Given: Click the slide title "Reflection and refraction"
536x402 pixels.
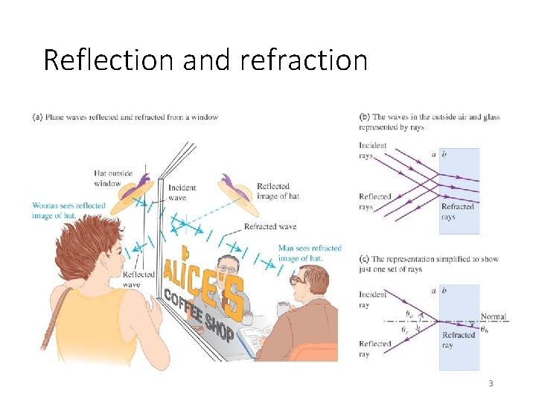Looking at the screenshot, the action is [205, 60].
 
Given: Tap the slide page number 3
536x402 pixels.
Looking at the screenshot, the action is [491, 383].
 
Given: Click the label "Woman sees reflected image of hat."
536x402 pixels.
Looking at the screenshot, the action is [68, 210].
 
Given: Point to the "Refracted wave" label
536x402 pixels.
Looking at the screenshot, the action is [270, 226].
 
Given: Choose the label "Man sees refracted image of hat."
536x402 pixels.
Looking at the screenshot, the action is [310, 253].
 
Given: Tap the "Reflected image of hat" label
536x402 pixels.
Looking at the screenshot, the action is [278, 191].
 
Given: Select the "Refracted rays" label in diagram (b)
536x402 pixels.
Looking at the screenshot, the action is [458, 212].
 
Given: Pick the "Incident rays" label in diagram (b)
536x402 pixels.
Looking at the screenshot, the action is [373, 150].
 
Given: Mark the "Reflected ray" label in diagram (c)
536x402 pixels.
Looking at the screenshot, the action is [374, 348].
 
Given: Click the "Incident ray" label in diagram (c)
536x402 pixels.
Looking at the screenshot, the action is [373, 299].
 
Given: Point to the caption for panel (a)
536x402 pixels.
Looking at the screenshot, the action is [125, 117].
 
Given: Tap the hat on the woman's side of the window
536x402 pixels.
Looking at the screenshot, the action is [134, 191].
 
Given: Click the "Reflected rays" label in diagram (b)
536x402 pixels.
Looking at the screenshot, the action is [375, 202].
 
